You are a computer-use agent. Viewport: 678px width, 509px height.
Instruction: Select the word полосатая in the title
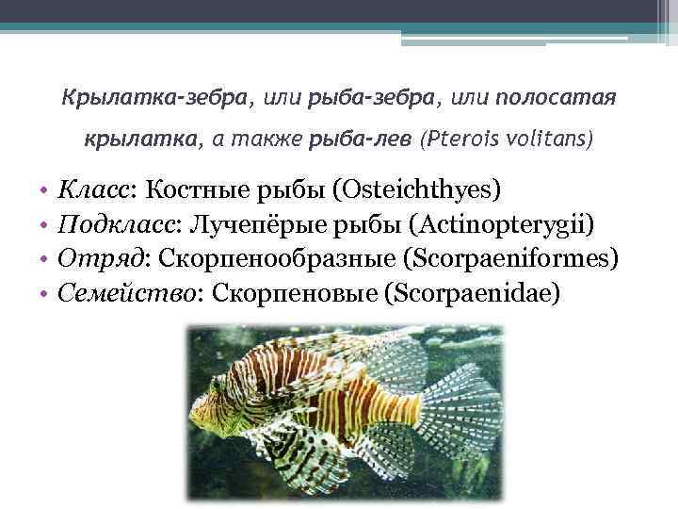coord(556,97)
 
